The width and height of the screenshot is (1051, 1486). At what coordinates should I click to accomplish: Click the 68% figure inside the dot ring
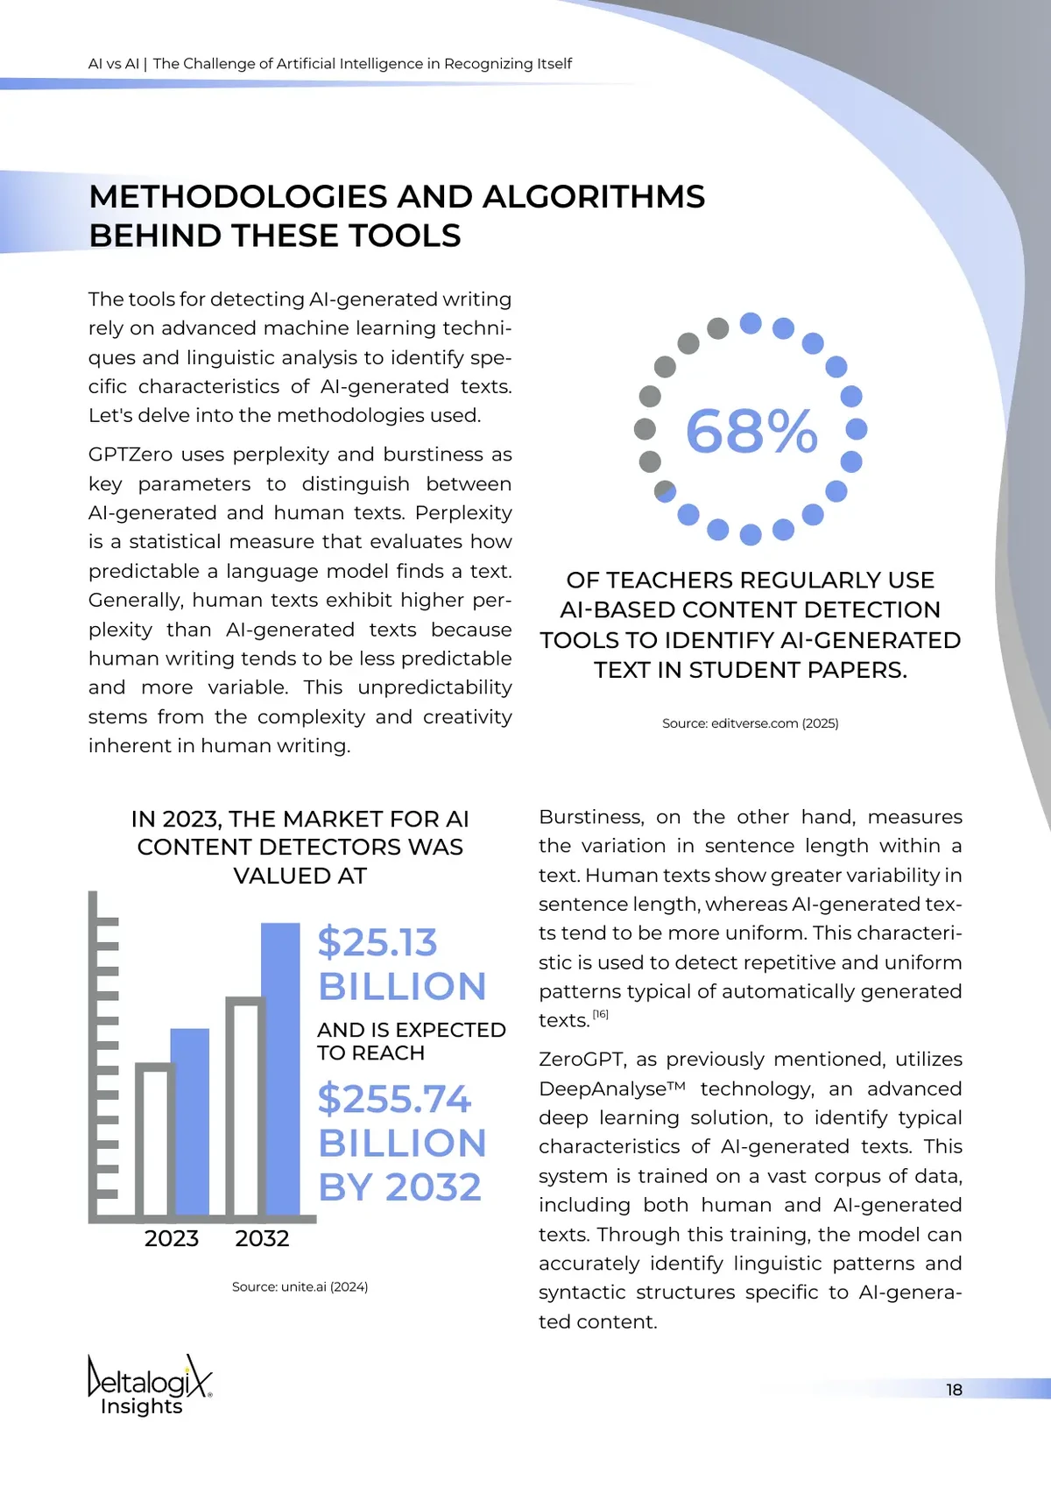pyautogui.click(x=751, y=431)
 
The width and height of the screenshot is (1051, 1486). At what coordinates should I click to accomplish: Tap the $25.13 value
pyautogui.click(x=377, y=942)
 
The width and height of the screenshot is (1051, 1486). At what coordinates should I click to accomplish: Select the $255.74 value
pyautogui.click(x=394, y=1099)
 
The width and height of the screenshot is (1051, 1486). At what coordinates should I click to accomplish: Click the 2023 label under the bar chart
pyautogui.click(x=172, y=1238)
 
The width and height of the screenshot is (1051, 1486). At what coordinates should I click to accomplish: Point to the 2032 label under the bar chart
pyautogui.click(x=262, y=1238)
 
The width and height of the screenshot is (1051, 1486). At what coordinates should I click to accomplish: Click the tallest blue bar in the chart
pyautogui.click(x=281, y=1068)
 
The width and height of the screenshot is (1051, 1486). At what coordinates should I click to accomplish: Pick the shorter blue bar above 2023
pyautogui.click(x=191, y=1121)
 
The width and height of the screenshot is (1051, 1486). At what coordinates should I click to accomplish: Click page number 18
pyautogui.click(x=954, y=1390)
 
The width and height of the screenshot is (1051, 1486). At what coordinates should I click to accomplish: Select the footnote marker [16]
pyautogui.click(x=600, y=1014)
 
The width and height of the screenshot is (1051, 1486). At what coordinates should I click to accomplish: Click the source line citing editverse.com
pyautogui.click(x=750, y=723)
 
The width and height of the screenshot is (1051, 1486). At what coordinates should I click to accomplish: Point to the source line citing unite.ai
pyautogui.click(x=300, y=1286)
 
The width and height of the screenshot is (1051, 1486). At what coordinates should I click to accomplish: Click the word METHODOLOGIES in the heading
pyautogui.click(x=238, y=197)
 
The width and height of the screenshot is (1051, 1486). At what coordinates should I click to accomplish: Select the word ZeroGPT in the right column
pyautogui.click(x=581, y=1060)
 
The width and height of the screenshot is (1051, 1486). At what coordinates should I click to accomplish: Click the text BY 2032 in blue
pyautogui.click(x=399, y=1187)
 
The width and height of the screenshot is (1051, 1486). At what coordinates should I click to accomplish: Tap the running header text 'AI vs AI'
pyautogui.click(x=114, y=64)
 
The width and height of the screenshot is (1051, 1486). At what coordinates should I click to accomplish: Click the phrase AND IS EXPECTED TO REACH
pyautogui.click(x=411, y=1041)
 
